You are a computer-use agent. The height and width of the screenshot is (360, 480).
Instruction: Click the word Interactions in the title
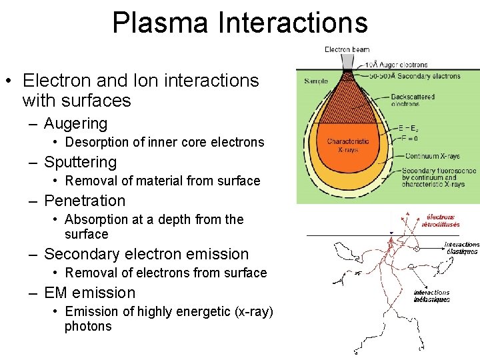click(x=292, y=22)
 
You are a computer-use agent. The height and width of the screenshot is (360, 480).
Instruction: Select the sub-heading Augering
click(x=75, y=123)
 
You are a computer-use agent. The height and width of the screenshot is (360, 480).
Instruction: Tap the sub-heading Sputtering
click(x=80, y=162)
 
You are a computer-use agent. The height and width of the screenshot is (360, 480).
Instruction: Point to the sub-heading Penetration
click(x=85, y=201)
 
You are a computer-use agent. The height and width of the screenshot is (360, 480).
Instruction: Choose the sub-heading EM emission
click(x=89, y=293)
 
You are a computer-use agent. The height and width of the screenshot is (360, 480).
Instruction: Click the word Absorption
click(x=96, y=219)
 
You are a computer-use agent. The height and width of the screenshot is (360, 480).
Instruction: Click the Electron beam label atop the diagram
click(x=347, y=49)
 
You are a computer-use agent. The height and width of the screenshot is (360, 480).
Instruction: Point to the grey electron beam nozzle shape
click(x=348, y=60)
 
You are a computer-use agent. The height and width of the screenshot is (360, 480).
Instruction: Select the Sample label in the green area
click(x=316, y=81)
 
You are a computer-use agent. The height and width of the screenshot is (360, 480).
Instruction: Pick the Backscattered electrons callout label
click(x=413, y=100)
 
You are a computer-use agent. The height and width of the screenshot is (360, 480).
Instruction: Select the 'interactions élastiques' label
click(x=461, y=248)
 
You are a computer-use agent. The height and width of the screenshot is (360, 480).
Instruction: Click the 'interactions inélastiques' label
click(x=432, y=296)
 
